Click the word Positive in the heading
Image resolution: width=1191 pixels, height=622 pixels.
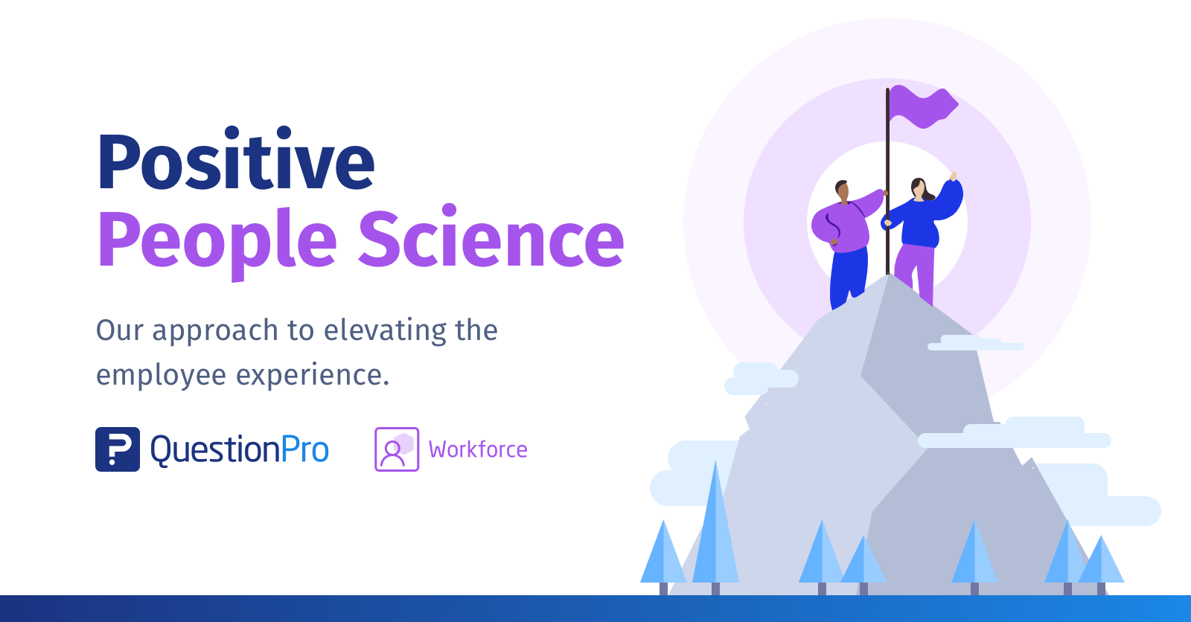235,161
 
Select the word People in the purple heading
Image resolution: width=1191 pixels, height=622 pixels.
217,240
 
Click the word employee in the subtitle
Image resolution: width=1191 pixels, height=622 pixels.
161,375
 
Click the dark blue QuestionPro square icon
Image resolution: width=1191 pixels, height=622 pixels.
118,449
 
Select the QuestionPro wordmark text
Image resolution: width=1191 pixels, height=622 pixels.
240,449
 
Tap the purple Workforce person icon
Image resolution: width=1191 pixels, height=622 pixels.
397,449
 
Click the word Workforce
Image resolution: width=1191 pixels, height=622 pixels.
478,449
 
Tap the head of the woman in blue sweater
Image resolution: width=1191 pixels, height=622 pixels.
919,188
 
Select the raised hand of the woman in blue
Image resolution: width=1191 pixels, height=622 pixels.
953,176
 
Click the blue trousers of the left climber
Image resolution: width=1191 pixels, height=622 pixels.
848,275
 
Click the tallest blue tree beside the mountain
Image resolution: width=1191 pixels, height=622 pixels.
715,528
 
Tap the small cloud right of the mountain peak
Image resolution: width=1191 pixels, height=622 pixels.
975,344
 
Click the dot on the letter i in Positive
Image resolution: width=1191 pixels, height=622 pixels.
232,132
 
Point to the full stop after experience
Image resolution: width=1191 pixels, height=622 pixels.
386,385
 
